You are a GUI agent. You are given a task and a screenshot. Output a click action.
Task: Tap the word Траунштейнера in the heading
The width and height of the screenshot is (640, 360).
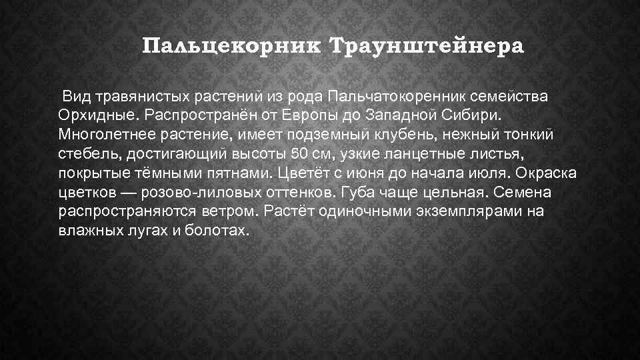click(x=427, y=47)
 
